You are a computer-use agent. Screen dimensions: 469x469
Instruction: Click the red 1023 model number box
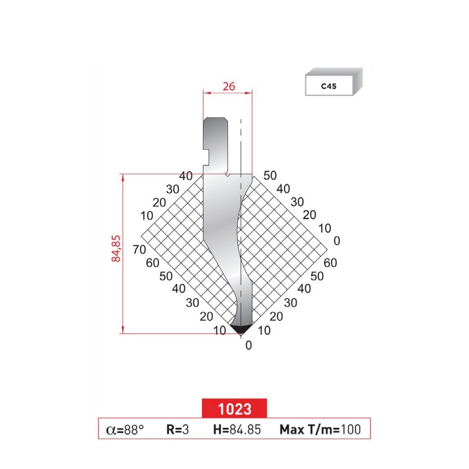[234, 408]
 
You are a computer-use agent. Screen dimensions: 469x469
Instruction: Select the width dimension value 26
[227, 86]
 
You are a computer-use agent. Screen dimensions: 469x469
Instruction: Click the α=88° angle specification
[125, 429]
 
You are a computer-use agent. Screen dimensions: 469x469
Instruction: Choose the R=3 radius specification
[178, 429]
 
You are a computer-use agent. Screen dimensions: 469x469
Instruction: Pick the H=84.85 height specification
[237, 429]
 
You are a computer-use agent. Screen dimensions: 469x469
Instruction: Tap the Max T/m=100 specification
[320, 429]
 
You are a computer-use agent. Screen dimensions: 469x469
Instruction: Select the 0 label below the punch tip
[248, 346]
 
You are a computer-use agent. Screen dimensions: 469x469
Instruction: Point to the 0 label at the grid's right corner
[337, 240]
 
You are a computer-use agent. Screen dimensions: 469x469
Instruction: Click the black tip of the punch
[241, 328]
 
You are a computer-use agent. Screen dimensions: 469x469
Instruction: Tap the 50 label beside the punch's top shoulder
[270, 175]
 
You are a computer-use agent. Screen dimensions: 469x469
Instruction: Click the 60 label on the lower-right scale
[329, 262]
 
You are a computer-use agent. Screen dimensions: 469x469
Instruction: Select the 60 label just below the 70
[153, 263]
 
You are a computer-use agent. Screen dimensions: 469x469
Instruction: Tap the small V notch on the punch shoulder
[228, 175]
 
